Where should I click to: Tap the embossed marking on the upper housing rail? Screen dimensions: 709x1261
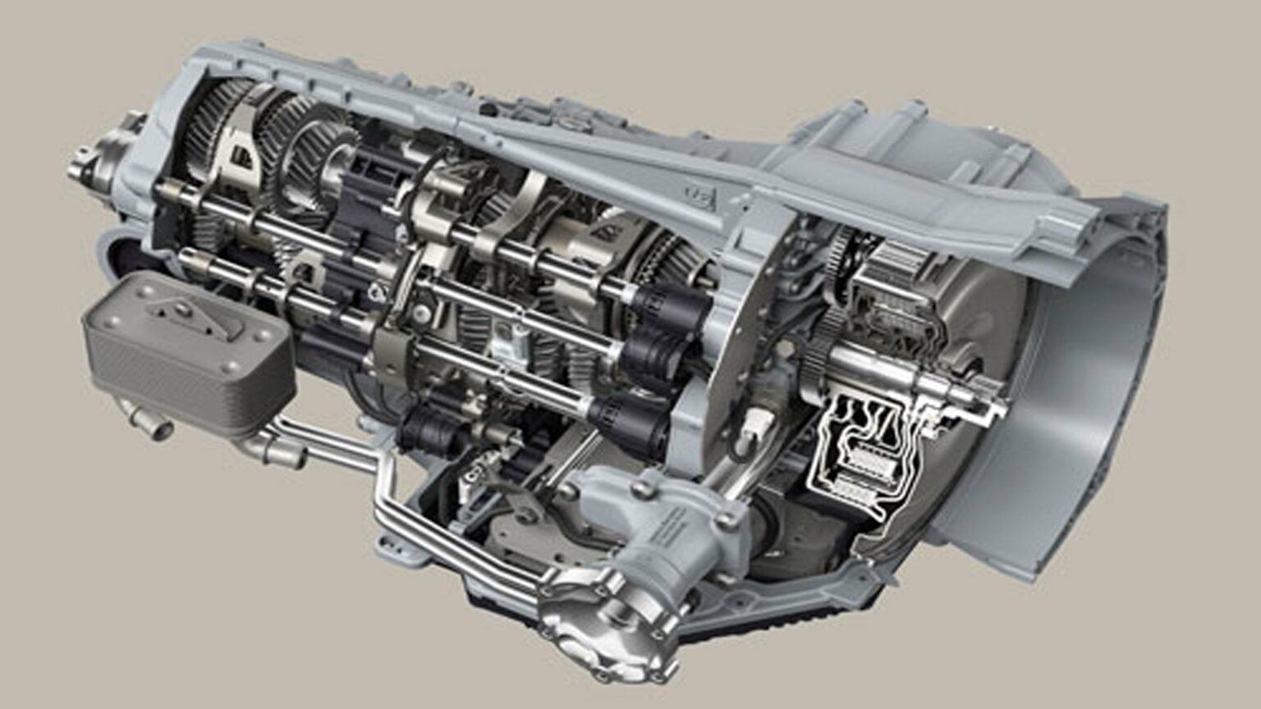pyautogui.click(x=698, y=194)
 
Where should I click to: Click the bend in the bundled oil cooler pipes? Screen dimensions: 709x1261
pyautogui.click(x=382, y=476)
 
